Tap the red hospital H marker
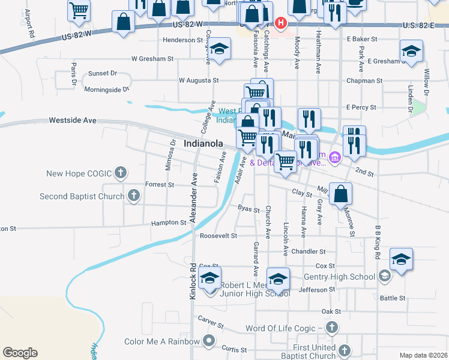[280, 23]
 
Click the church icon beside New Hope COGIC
[120, 174]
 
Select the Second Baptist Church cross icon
[133, 196]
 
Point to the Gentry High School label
[340, 276]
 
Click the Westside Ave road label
[73, 120]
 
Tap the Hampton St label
[167, 223]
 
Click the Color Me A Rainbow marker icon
[209, 341]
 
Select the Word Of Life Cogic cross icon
[331, 328]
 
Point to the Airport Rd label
[28, 23]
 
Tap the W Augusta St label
[199, 80]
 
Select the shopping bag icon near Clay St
[340, 193]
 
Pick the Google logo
[20, 353]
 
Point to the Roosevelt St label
[218, 236]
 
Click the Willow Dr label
[427, 82]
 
